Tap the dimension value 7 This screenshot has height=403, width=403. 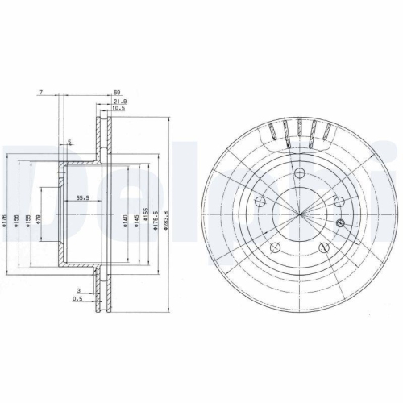tap(39, 94)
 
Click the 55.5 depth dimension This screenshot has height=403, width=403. tap(82, 197)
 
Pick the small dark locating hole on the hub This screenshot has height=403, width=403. tap(339, 223)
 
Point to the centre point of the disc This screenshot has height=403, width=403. tap(299, 214)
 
